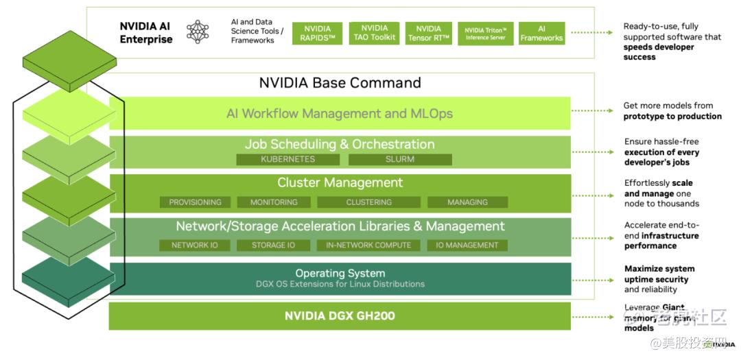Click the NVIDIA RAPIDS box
tap(318, 34)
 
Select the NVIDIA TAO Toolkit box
tap(374, 33)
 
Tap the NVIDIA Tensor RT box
tap(429, 33)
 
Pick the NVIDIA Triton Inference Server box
tap(485, 34)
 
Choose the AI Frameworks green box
tap(541, 34)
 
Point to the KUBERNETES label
tap(287, 159)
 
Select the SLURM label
tap(399, 159)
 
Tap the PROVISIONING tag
tap(195, 202)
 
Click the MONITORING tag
tap(274, 202)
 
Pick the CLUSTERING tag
tap(368, 202)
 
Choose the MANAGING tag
tap(467, 202)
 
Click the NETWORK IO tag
tap(195, 245)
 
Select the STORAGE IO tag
tap(273, 245)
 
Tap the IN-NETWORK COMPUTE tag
tap(368, 245)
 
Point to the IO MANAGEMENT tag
tap(467, 245)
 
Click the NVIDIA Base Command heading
tap(340, 83)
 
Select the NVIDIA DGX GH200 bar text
tap(340, 316)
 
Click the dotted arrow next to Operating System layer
tap(593, 280)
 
